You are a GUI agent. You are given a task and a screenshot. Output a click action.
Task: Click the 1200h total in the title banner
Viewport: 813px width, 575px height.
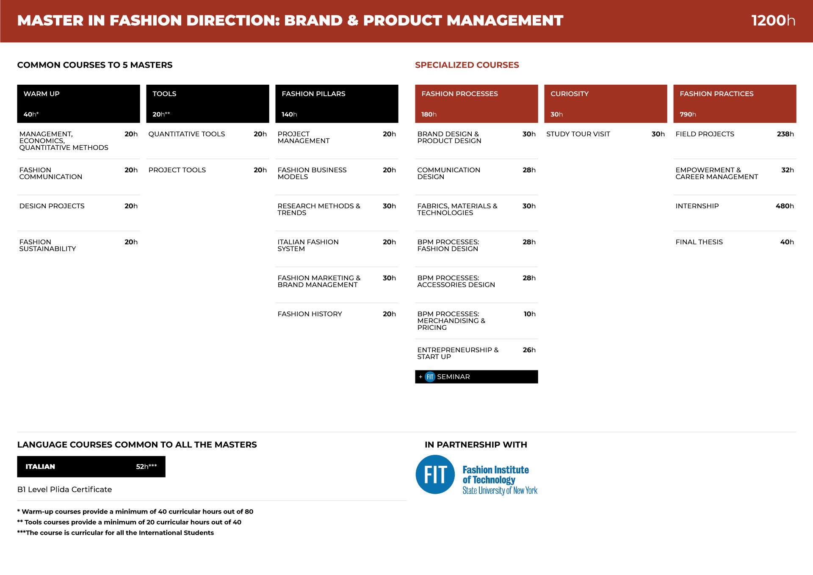(x=773, y=20)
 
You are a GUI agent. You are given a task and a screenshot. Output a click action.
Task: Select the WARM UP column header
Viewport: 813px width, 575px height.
(x=78, y=104)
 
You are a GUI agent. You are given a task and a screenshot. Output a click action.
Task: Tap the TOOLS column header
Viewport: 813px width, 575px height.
(x=207, y=104)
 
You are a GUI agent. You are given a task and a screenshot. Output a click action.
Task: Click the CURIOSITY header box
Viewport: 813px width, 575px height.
(x=606, y=104)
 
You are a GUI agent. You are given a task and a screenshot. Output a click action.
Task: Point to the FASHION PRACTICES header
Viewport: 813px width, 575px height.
(x=735, y=104)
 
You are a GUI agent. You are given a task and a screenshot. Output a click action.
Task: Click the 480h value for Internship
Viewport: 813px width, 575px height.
(x=785, y=206)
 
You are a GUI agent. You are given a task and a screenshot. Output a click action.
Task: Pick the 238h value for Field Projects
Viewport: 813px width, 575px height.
(x=785, y=134)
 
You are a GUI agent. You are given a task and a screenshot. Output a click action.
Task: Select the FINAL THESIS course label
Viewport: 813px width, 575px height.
(x=699, y=242)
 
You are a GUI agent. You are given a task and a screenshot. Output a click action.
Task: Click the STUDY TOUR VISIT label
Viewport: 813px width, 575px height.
(x=578, y=134)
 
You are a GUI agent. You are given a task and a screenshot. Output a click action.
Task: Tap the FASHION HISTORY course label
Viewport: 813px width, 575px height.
(x=310, y=314)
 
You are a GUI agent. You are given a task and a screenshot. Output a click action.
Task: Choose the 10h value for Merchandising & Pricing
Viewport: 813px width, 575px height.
(x=530, y=314)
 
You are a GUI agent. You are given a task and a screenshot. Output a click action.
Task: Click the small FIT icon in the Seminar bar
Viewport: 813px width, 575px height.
(x=430, y=377)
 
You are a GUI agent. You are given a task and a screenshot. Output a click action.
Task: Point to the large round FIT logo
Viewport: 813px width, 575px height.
(x=435, y=475)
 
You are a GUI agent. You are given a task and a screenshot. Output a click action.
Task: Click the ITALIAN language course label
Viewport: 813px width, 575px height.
(x=40, y=467)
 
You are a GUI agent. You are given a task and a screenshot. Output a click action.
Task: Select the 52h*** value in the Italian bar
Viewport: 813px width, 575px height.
(x=147, y=467)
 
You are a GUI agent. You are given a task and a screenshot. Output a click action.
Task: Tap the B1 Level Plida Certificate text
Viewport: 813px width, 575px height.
(x=65, y=489)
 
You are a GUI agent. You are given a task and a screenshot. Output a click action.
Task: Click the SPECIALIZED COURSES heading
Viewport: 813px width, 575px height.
(x=467, y=65)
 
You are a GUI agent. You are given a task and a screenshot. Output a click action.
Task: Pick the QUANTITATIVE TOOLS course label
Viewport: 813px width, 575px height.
(x=187, y=134)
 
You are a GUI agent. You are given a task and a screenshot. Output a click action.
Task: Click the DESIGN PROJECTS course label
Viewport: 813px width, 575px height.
(x=52, y=206)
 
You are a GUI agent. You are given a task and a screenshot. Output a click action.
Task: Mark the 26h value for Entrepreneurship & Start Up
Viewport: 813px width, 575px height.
(x=529, y=350)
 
